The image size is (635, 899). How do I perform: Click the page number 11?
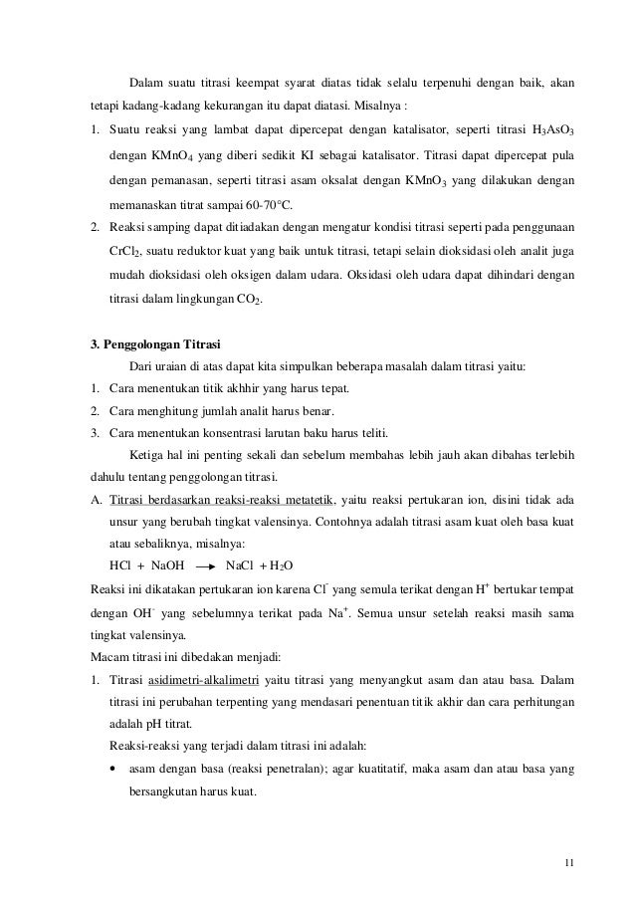pos(567,861)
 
